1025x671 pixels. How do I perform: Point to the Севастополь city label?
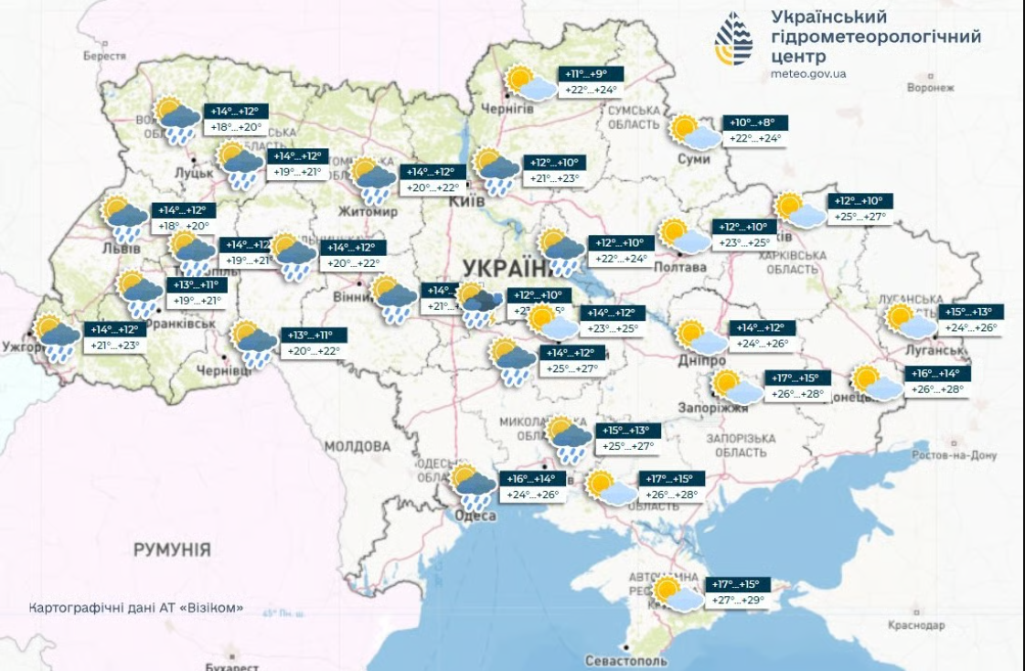[626, 660]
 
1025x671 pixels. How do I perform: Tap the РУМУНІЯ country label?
[172, 549]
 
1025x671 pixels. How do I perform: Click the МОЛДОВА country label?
[358, 446]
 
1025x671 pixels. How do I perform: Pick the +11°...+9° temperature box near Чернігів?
[591, 73]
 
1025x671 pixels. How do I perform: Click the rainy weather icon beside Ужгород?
[57, 338]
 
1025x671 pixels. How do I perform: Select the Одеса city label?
[475, 517]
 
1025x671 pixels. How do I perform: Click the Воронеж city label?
[930, 88]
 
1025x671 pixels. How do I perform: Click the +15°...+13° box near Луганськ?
[971, 312]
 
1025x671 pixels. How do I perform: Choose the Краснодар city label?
[915, 625]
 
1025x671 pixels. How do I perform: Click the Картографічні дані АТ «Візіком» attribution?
[136, 608]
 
